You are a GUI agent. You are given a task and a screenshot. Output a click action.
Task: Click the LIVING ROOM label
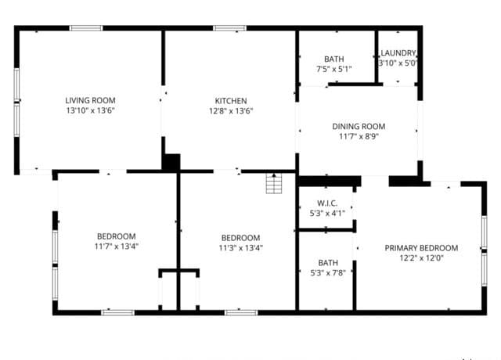coord(91,100)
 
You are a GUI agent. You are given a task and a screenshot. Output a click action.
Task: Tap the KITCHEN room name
coord(231,101)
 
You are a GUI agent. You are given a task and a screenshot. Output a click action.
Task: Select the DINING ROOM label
coord(359,127)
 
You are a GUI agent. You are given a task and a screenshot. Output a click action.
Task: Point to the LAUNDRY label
coord(398,53)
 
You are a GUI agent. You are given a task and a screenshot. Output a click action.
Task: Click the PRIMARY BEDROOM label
coord(421,248)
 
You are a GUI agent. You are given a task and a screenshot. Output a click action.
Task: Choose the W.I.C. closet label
coord(327,203)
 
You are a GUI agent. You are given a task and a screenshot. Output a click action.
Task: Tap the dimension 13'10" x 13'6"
coord(91,110)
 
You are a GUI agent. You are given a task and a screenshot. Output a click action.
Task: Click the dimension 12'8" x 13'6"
coord(231,111)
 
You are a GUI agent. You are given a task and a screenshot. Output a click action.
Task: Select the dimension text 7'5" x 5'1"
coord(334,69)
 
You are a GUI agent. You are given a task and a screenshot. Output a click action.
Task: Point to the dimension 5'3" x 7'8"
coord(328,273)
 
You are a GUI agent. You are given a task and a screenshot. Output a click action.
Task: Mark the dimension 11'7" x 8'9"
coord(359,136)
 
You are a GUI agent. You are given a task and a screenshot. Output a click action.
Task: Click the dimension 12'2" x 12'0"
coord(421,257)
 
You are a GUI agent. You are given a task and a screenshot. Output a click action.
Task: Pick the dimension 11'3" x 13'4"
coord(240,248)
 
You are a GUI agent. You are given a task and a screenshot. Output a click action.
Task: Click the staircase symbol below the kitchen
coord(274,183)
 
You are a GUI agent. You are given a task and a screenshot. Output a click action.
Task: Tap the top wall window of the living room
coord(86,28)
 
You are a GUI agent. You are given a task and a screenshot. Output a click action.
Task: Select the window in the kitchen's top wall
coord(230,28)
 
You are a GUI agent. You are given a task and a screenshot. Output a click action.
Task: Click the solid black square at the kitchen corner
coord(171,162)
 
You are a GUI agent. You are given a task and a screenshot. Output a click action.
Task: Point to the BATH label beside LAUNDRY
coord(334,59)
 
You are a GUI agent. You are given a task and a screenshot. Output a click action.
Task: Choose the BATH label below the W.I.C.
coord(328,263)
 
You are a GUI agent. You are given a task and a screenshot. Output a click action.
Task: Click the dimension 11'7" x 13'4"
coord(117,247)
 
